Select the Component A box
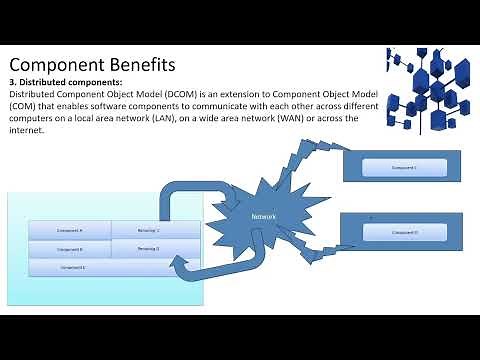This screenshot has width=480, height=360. tap(69, 230)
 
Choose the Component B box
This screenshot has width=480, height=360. tap(69, 249)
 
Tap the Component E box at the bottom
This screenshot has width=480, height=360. tap(73, 267)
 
